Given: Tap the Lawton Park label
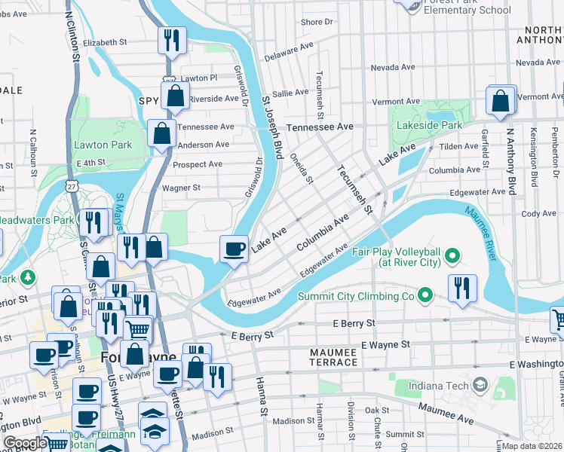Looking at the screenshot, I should pos(103,145).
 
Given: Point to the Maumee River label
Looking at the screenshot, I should pos(481,234).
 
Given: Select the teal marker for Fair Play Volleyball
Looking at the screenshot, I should pos(452,257).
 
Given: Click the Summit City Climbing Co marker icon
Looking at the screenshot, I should pos(425,296).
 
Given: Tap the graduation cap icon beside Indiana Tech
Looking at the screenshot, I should pos(479,386).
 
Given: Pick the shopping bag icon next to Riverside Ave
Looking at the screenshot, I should pos(175,96).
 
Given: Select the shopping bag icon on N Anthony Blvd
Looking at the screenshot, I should pos(501,100).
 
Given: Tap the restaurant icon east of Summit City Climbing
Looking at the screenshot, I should pos(461,287).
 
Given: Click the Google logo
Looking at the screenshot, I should pos(25,443).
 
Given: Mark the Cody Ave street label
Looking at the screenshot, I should pos(539,214).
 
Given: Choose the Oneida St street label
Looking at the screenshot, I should pos(301,167).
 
